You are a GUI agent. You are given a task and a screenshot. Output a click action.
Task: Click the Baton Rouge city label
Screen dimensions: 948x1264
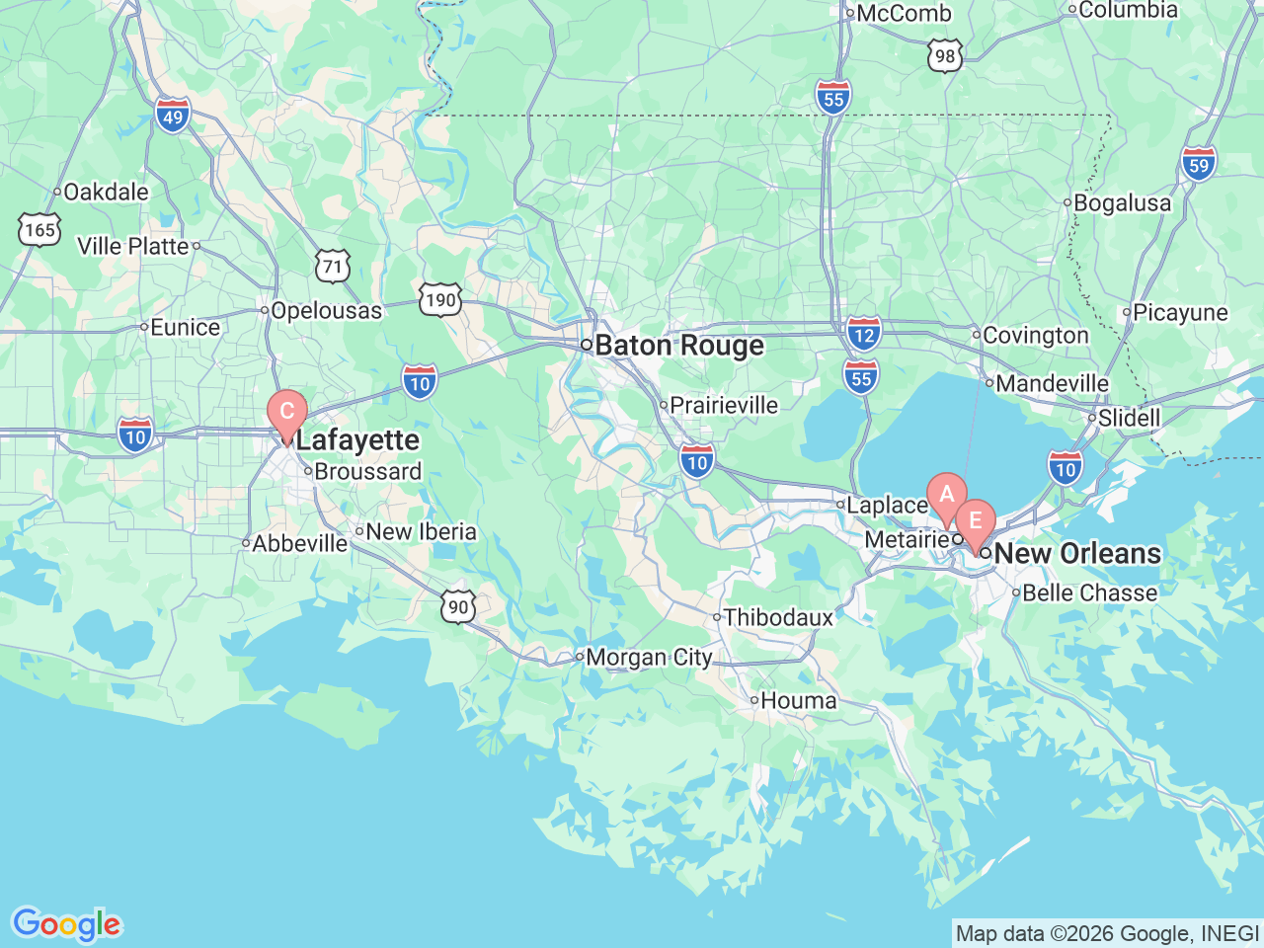coord(679,346)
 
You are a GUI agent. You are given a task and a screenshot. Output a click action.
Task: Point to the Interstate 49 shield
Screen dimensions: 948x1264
coord(173,117)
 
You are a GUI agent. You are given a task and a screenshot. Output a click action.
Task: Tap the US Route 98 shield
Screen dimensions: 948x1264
coord(945,56)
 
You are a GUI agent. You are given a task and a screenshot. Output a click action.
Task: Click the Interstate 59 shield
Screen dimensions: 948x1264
coord(1199,165)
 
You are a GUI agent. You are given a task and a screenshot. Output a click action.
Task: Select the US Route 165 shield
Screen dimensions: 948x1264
coord(39,230)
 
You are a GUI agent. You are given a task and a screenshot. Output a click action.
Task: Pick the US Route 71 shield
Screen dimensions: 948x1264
coord(333,266)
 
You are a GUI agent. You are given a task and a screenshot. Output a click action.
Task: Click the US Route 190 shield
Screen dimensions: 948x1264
coord(440,300)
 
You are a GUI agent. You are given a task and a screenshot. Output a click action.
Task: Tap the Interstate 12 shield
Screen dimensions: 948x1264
coord(863,334)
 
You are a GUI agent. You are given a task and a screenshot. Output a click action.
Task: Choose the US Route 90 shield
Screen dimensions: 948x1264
coord(458,606)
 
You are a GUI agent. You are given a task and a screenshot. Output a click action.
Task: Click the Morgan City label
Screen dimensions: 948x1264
coord(649,658)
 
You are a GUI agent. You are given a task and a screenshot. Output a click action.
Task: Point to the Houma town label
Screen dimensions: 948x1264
coord(798,701)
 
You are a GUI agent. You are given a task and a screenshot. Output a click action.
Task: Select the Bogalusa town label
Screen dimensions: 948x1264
coord(1122,203)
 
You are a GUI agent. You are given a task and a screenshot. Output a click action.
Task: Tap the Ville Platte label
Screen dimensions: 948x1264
coord(133,246)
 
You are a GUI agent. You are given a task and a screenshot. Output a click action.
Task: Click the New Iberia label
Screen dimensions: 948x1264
coord(421,532)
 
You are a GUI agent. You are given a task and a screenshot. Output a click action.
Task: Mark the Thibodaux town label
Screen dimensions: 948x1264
coord(778,618)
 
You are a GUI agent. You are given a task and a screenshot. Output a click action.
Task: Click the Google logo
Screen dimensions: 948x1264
coord(66,924)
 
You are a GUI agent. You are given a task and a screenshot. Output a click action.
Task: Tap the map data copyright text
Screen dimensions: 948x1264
coord(1107,933)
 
